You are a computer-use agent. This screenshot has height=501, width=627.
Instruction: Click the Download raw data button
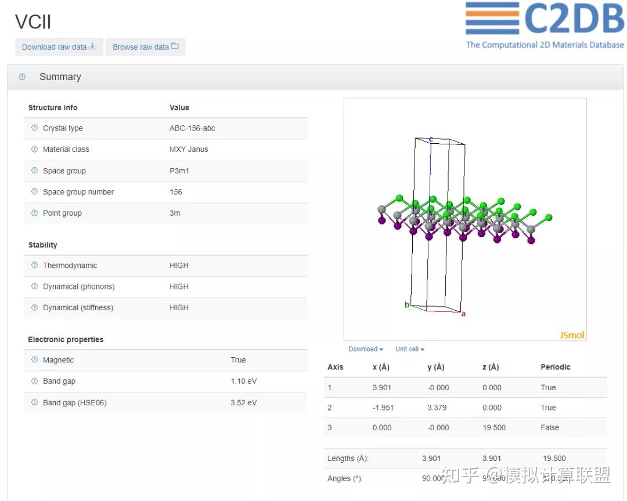point(59,47)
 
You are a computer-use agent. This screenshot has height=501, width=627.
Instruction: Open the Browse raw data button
point(145,47)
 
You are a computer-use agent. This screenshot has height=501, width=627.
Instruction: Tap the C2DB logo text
point(574,19)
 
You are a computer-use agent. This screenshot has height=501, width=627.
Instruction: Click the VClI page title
point(33,22)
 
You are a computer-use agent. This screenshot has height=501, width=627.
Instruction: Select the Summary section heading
point(60,77)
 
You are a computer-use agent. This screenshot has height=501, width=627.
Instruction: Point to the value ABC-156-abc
point(192,128)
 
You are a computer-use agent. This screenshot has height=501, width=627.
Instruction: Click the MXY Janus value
point(189,149)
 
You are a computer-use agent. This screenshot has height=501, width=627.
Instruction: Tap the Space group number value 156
point(176,192)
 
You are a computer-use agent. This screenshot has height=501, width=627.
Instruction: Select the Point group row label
point(62,213)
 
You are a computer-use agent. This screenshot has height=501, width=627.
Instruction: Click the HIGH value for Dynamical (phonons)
point(179,286)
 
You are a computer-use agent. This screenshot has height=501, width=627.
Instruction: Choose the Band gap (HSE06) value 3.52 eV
point(243,402)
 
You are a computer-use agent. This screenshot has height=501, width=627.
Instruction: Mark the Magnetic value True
point(238,360)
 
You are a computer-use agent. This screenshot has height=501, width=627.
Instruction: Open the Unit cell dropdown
point(410,349)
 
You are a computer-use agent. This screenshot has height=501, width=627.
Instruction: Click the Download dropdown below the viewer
point(366,349)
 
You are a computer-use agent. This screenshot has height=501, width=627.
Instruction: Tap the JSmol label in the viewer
point(572,335)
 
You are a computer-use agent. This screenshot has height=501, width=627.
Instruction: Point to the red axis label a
point(463,314)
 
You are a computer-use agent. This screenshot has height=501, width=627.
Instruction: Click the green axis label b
point(407,305)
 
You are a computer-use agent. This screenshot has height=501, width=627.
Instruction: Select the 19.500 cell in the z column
point(493,427)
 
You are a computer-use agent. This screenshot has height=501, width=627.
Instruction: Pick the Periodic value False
point(550,427)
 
